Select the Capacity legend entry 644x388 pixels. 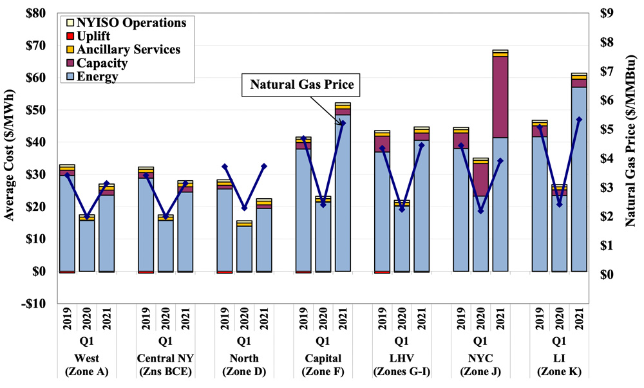click(x=101, y=63)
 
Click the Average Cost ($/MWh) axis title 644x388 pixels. click(x=10, y=158)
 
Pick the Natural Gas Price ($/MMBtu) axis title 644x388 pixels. click(x=634, y=158)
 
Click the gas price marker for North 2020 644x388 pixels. click(x=244, y=208)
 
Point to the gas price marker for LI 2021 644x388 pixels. click(x=578, y=120)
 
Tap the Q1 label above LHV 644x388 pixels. click(x=401, y=340)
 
